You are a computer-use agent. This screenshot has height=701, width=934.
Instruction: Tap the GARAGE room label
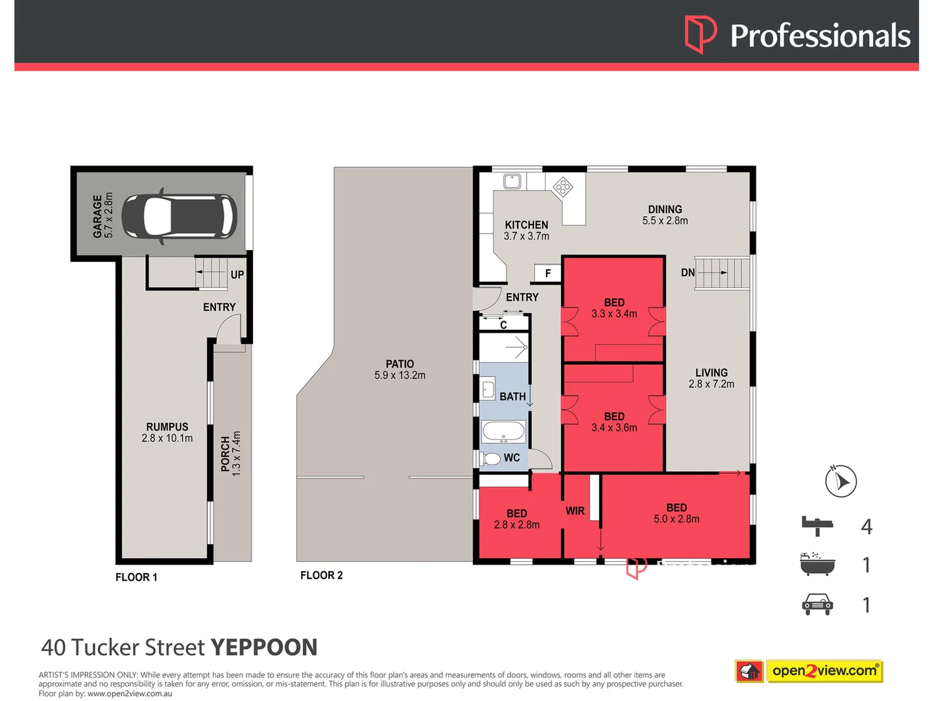[97, 216]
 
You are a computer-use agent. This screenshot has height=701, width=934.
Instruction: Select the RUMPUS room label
[167, 427]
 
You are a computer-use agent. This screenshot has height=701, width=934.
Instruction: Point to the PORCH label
[225, 453]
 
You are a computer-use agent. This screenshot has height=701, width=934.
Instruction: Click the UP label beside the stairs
[237, 275]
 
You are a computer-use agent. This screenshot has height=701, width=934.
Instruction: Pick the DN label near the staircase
[688, 273]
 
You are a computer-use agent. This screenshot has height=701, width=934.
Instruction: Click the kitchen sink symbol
[512, 180]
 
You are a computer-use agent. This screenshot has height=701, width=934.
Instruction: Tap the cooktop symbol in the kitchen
[562, 188]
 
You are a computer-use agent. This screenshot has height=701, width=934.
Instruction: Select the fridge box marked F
[547, 273]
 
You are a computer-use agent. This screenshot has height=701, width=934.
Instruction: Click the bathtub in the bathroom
[503, 431]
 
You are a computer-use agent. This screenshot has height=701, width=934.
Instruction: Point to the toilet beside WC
[491, 458]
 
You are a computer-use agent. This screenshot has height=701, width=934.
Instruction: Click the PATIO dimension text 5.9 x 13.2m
[400, 375]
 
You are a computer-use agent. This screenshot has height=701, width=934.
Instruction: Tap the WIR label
[575, 511]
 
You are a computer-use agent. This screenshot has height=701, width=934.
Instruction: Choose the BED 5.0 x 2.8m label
[677, 513]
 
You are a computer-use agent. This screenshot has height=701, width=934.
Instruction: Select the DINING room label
[665, 209]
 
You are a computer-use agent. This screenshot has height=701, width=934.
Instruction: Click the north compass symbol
[841, 481]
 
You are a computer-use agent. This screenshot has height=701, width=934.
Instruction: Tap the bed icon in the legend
[817, 525]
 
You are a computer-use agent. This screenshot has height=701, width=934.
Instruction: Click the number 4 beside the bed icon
[867, 526]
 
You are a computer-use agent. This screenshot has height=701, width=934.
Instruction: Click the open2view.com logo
[809, 670]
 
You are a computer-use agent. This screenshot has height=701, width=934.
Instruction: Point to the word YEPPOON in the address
[264, 647]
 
